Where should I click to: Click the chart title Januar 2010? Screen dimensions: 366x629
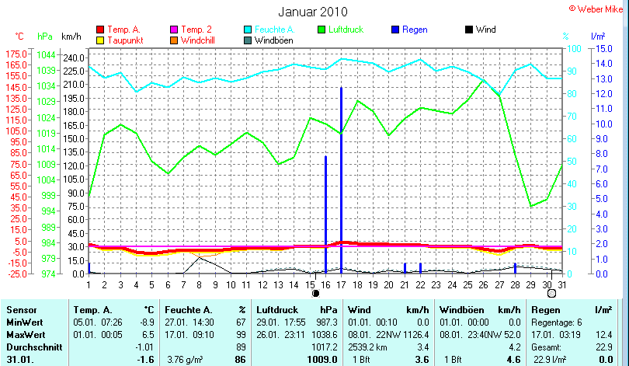click(x=312, y=12)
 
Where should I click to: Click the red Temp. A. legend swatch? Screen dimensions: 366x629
click(x=100, y=30)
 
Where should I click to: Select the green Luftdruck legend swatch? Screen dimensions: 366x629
click(x=323, y=30)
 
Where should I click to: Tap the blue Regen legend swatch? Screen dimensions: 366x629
click(x=394, y=30)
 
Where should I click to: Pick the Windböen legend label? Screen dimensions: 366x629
click(x=273, y=40)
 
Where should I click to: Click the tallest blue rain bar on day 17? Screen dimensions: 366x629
click(x=341, y=179)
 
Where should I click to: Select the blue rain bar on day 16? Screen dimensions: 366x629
click(x=325, y=214)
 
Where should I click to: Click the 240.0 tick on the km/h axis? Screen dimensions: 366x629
click(x=73, y=58)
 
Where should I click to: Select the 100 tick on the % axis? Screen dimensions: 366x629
click(x=575, y=48)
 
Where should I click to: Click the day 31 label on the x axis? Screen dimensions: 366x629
click(x=561, y=284)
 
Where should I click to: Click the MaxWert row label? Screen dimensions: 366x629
click(x=25, y=335)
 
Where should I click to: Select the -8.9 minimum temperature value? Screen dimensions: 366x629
click(x=144, y=322)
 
